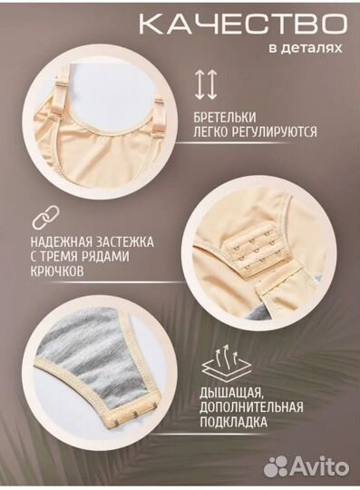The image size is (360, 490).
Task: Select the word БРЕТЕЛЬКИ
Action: tap(227, 118)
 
